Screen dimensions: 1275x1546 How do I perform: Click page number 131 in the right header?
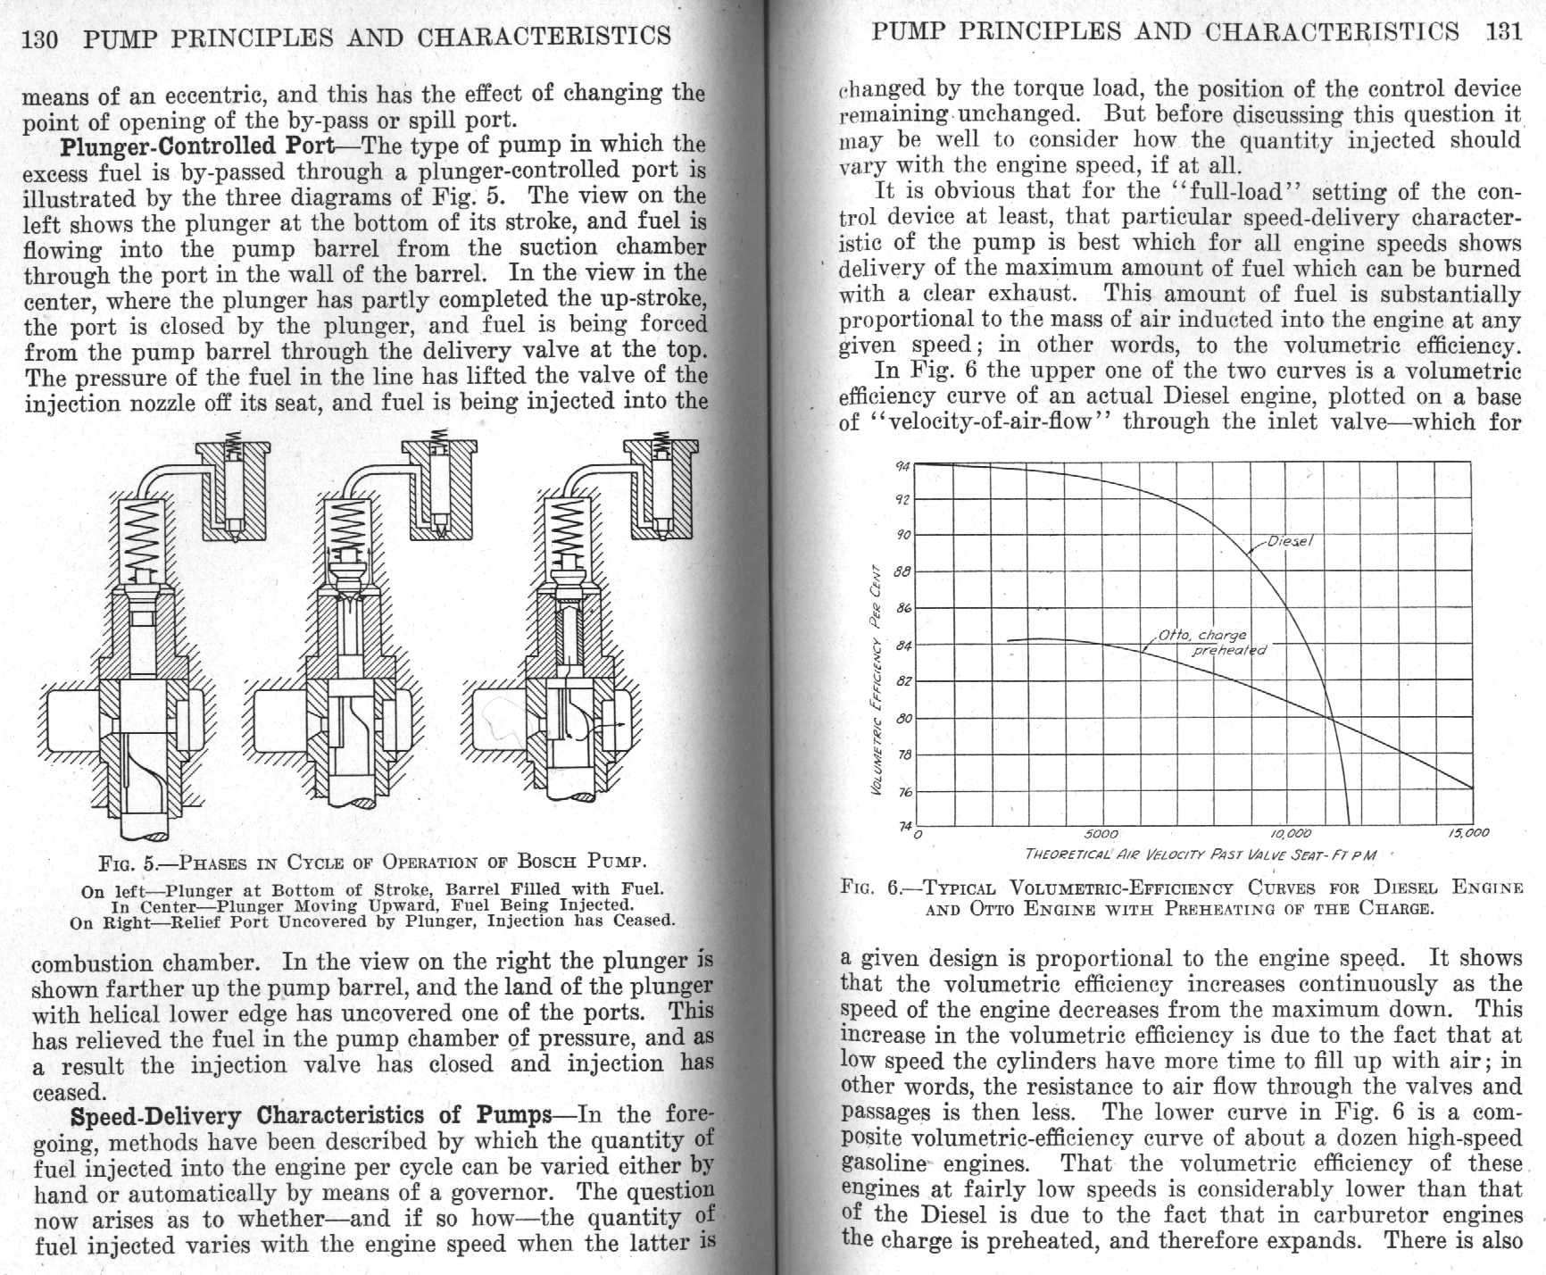pos(1504,32)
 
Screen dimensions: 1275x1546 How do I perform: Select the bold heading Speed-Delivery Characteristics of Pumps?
pos(311,1116)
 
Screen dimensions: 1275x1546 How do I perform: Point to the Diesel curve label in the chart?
pos(1290,541)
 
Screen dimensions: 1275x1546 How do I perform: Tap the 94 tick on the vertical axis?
pos(902,465)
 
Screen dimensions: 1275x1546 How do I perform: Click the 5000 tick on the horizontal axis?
pos(1101,834)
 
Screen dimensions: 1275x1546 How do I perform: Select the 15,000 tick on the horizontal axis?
pos(1468,833)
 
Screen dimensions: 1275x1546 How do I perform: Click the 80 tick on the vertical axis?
pos(903,718)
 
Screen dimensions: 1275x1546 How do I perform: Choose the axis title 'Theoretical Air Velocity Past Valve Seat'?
pos(1201,854)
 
